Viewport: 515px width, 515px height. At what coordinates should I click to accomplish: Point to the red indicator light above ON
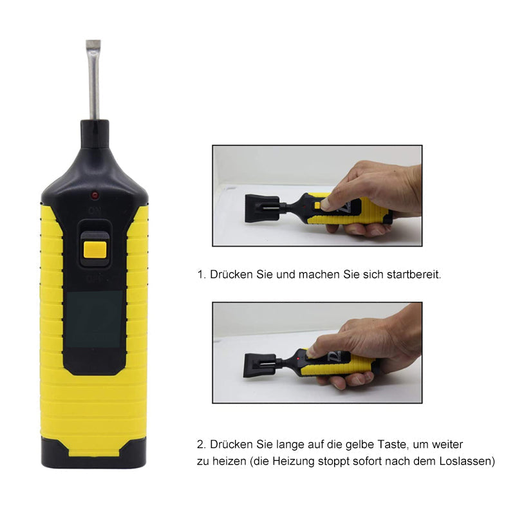click(x=95, y=194)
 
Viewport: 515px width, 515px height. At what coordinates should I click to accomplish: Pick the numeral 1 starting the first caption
click(x=200, y=274)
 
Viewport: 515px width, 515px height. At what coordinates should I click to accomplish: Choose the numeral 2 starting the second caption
click(x=200, y=445)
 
